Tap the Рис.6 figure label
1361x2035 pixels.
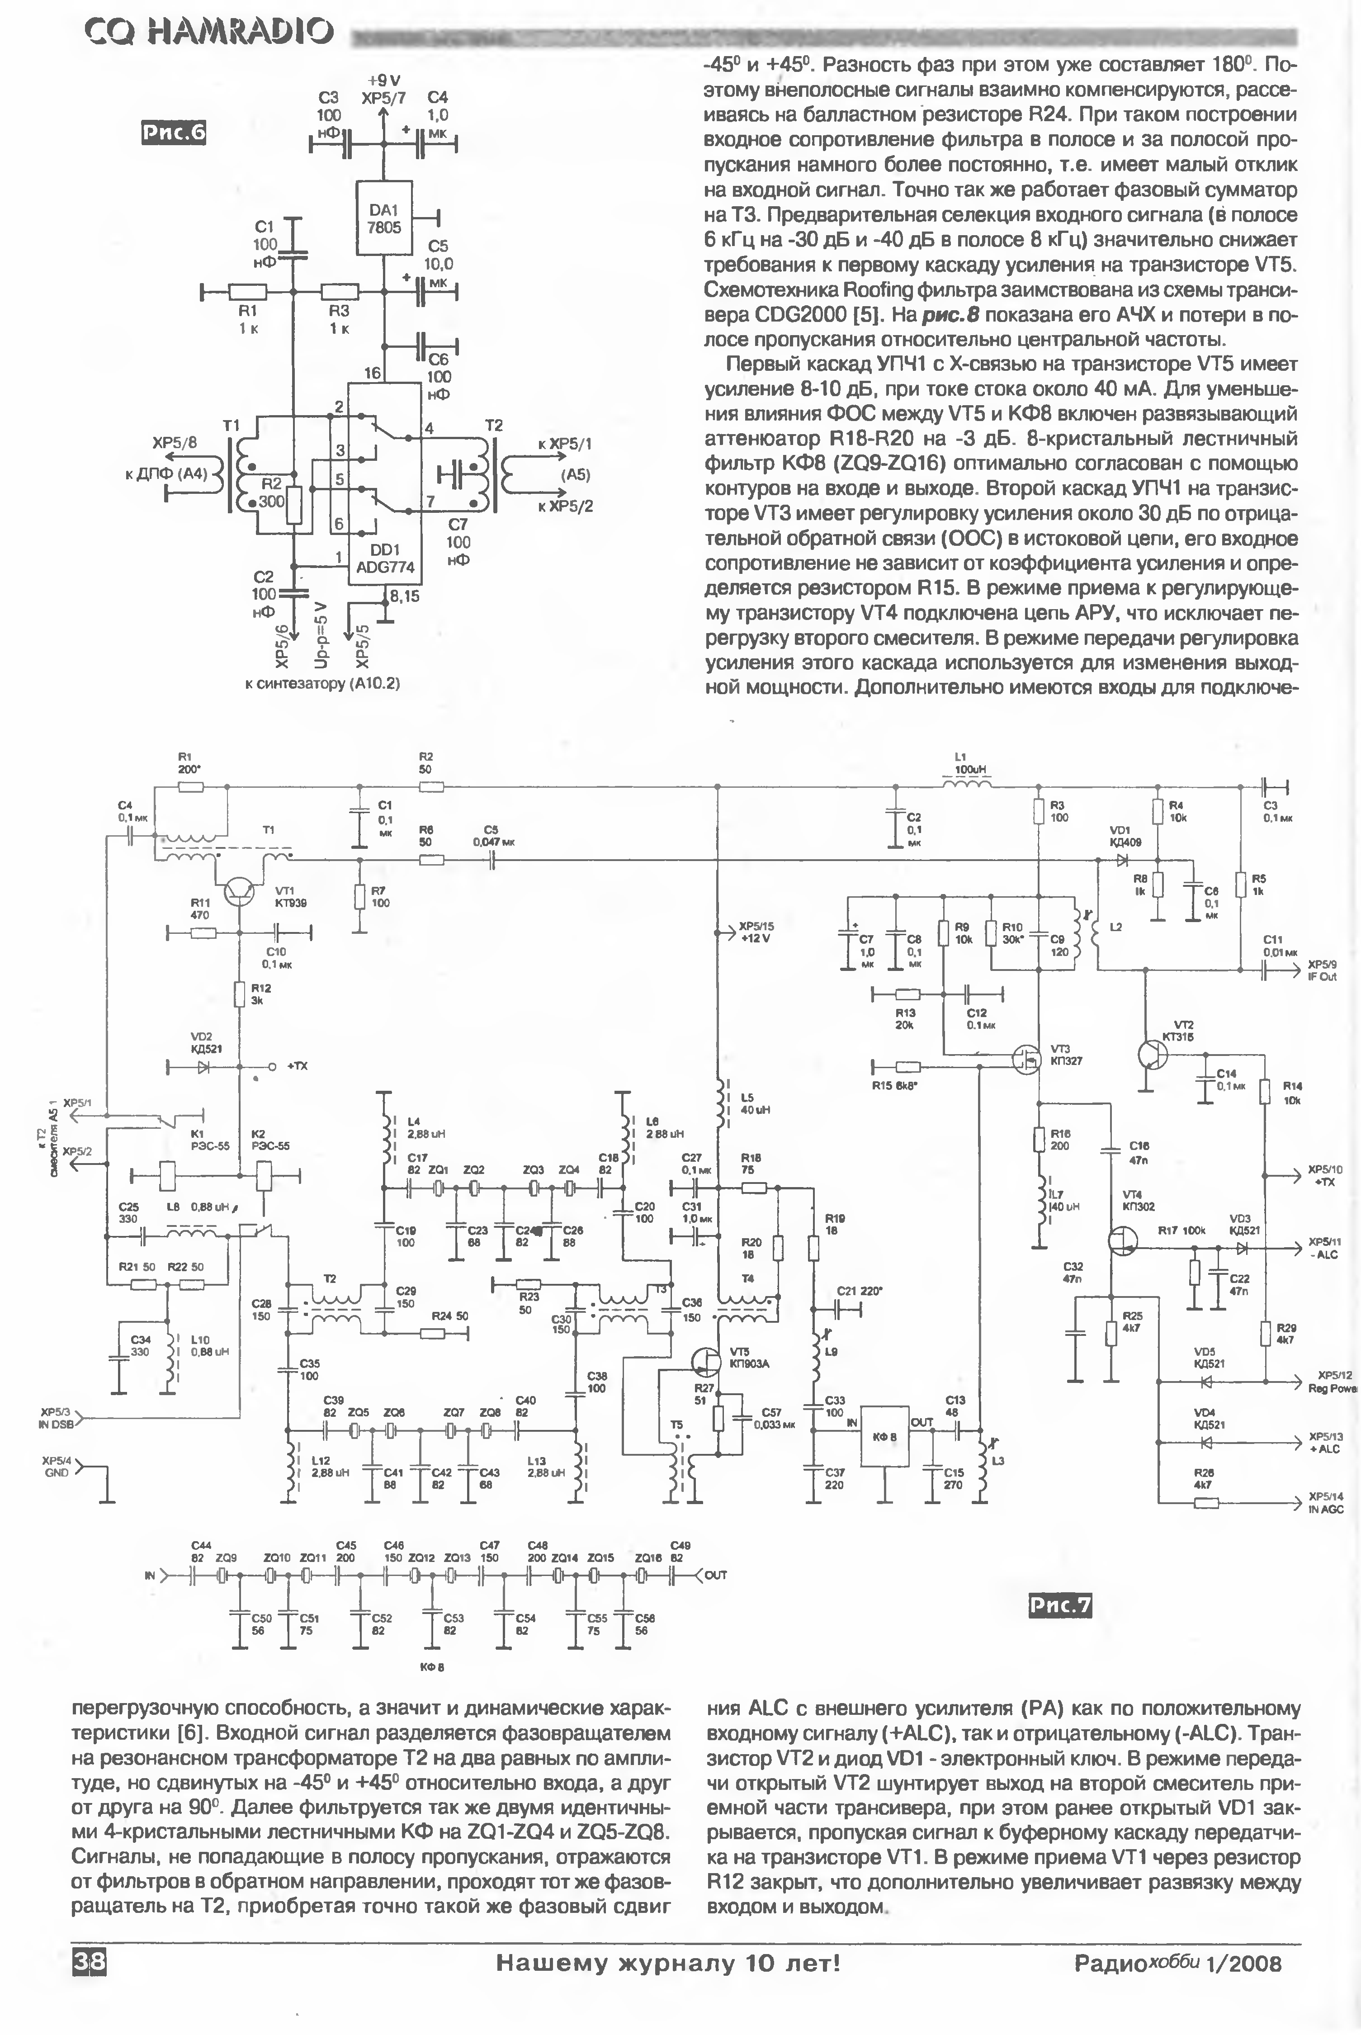coord(174,132)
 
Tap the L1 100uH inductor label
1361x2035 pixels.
coord(966,763)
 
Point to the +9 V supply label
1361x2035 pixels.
coord(383,81)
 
